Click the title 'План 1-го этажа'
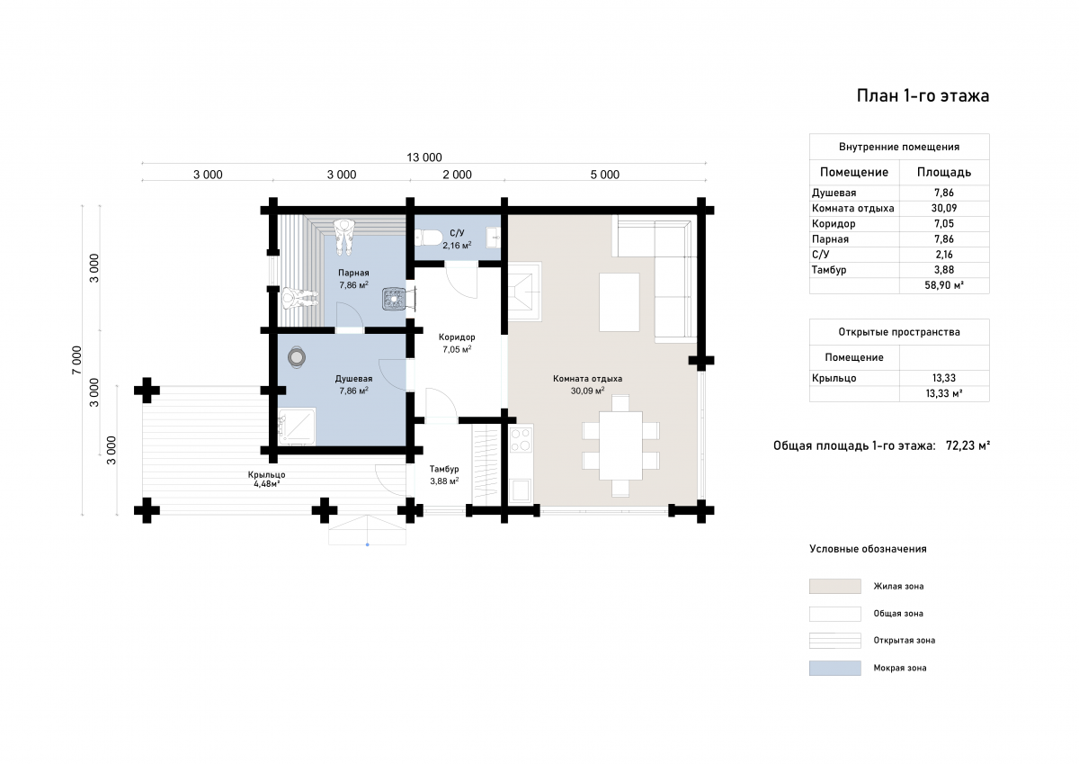click(x=923, y=96)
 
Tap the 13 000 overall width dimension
click(x=424, y=157)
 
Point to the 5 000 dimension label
click(x=604, y=175)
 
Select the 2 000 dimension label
click(x=457, y=175)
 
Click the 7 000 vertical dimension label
click(x=77, y=360)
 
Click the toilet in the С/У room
click(x=429, y=238)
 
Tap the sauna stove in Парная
click(x=394, y=299)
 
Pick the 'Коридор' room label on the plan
click(x=457, y=337)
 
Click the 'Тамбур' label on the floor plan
click(x=443, y=469)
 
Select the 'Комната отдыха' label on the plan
click(x=587, y=378)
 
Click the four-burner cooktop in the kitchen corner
click(x=521, y=439)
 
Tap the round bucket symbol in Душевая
click(x=296, y=357)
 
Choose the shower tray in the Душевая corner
click(x=296, y=427)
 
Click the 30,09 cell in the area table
click(x=943, y=208)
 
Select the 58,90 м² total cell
click(x=943, y=285)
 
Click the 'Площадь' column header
click(x=943, y=172)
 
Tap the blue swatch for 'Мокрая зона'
click(x=834, y=668)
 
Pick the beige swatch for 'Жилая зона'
click(x=834, y=586)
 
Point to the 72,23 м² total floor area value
click(x=968, y=445)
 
